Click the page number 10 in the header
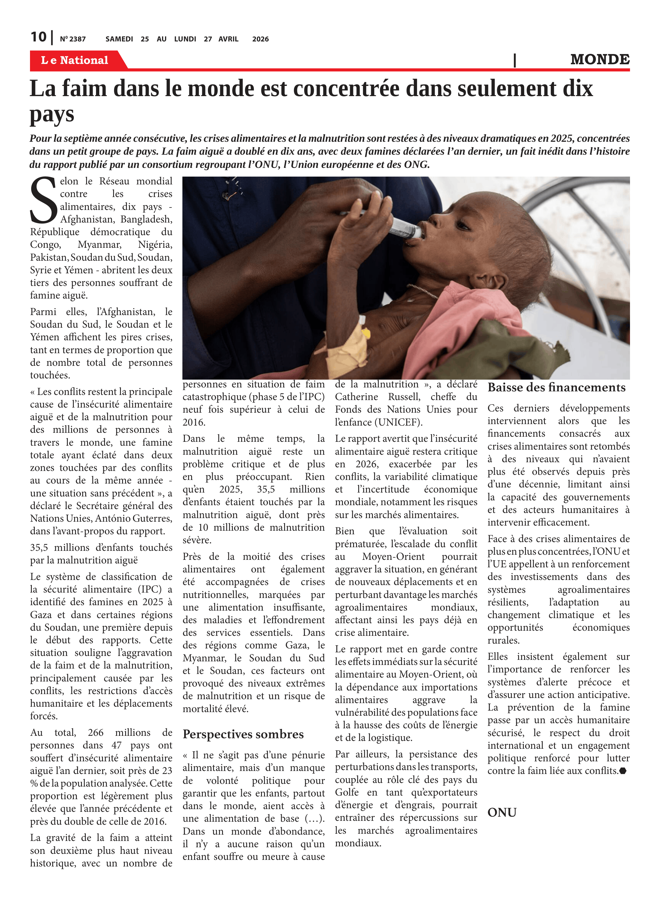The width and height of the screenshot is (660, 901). click(38, 37)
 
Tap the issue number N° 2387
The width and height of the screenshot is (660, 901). click(73, 39)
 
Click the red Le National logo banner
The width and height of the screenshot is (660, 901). click(75, 60)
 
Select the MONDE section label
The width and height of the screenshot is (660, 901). click(600, 59)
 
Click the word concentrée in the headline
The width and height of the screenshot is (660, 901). click(347, 89)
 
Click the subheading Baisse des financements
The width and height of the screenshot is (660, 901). click(556, 387)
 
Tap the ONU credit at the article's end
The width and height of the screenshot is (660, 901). click(502, 812)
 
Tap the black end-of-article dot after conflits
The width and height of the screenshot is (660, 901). click(622, 771)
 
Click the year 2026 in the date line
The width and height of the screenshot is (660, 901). click(260, 39)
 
